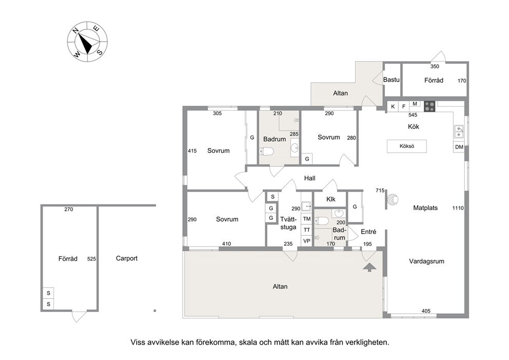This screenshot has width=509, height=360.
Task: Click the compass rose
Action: pos(87,42)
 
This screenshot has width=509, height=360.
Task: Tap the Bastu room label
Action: pos(391,80)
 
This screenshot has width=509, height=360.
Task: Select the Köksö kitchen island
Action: pos(407,146)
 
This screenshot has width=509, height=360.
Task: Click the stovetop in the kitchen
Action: pos(429,106)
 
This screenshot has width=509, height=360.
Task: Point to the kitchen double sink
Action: pos(459,132)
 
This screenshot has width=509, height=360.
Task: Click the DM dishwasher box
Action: pos(459,147)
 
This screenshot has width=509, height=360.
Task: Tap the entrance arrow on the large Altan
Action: pos(369,268)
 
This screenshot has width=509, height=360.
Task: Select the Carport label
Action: pos(127,258)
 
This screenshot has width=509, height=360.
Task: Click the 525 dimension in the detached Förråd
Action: pos(91,259)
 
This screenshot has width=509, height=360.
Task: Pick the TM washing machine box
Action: pos(307,219)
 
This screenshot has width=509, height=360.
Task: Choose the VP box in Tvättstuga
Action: pos(307,241)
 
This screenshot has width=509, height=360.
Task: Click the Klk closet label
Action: pos(331,199)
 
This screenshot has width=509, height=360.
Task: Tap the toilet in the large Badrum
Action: pos(266,151)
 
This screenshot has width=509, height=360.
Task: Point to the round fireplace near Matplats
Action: pos(393,199)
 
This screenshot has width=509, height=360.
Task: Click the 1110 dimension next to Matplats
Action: pos(458,209)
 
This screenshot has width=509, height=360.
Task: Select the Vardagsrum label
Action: pos(426,261)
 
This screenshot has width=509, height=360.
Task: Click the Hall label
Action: pos(310,178)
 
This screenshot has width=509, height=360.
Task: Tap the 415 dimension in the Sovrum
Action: pos(192,151)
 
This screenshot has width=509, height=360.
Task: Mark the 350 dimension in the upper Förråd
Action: pos(435,67)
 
